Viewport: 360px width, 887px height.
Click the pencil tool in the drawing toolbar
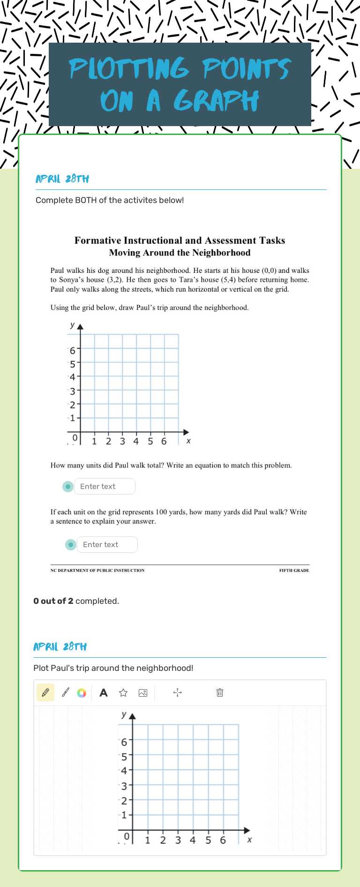45,692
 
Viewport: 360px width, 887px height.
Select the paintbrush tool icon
66,692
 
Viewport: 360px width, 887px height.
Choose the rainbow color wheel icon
82,693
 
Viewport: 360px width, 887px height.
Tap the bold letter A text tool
104,692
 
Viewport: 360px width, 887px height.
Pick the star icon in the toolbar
123,692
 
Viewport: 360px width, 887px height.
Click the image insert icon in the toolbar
143,692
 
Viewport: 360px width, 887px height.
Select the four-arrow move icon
177,692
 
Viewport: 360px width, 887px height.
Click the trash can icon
219,692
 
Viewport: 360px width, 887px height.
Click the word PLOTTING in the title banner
129,68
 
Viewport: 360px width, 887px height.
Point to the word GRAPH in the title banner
216,101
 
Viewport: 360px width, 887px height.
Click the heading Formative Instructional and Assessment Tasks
180,241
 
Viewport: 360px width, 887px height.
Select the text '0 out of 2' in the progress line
53,601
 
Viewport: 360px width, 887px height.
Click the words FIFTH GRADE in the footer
294,571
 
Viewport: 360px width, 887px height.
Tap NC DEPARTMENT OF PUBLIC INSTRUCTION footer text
97,571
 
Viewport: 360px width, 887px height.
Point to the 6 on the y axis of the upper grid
72,350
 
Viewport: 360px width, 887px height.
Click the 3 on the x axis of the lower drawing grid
178,840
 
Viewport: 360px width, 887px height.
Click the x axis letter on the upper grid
188,441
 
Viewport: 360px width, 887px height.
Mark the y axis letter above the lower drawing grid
124,714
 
